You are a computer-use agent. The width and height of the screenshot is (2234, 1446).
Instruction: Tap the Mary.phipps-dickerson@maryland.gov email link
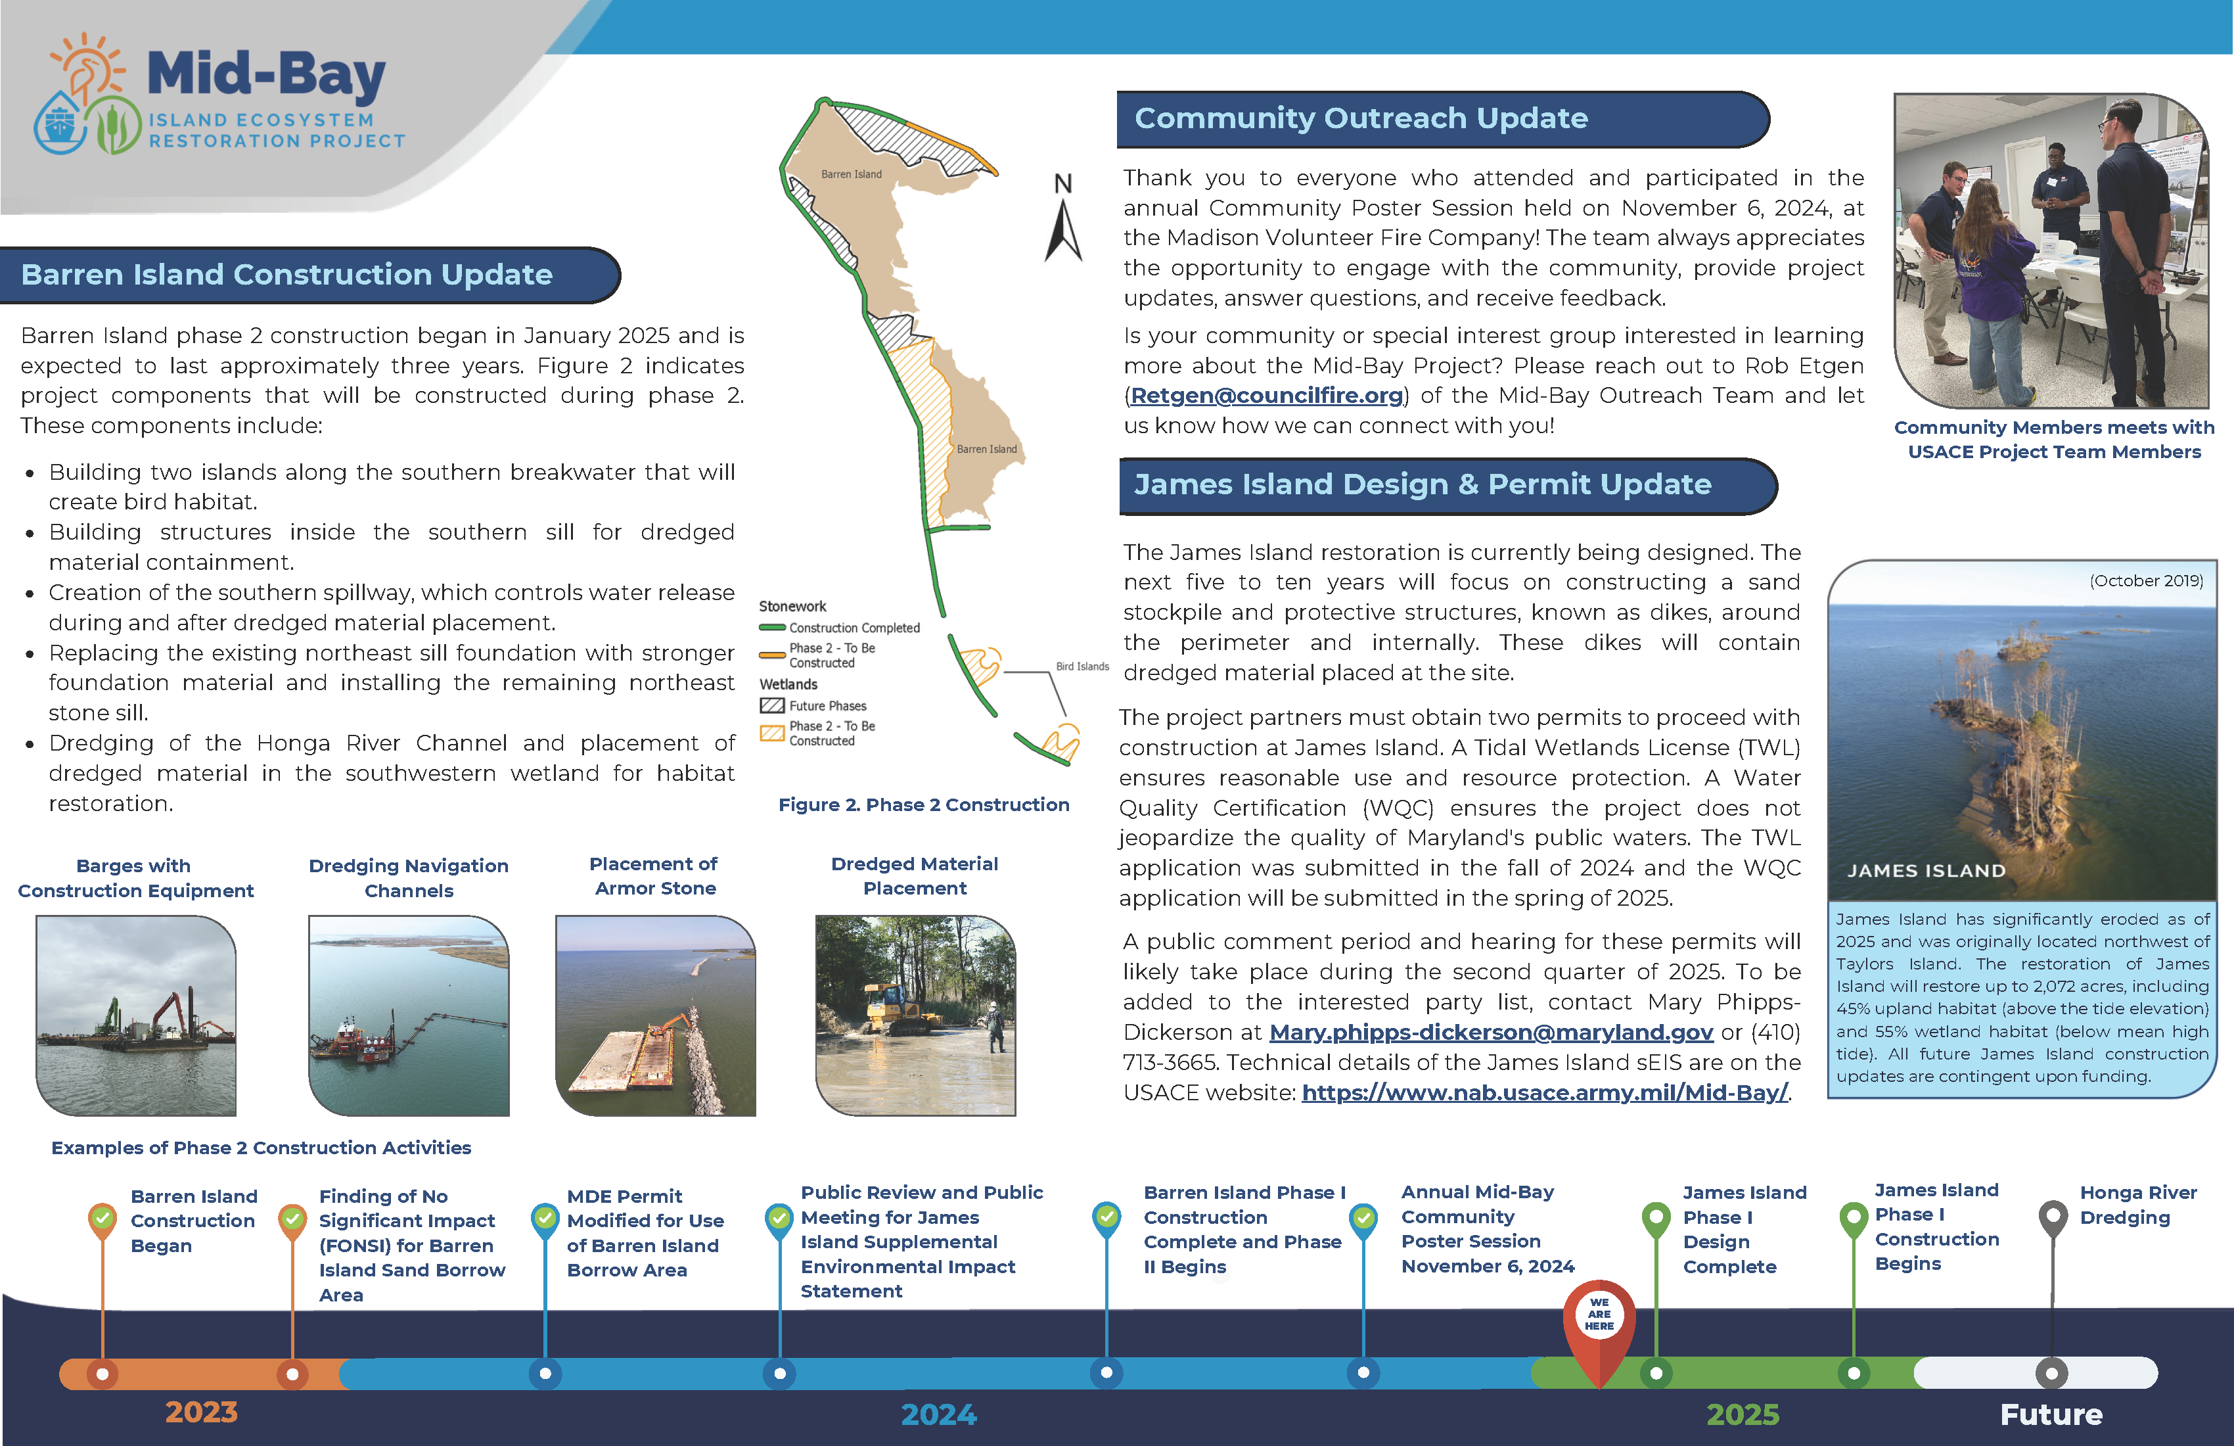coord(1491,1032)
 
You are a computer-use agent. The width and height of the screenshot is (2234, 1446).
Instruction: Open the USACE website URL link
coord(1544,1092)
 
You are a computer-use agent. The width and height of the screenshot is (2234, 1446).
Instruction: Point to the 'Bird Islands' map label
coord(1082,666)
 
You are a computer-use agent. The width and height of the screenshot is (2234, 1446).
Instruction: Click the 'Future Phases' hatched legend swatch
coord(771,705)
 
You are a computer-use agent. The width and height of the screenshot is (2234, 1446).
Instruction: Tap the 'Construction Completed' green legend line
coord(771,627)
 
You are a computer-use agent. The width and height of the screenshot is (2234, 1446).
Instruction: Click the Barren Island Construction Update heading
coord(286,274)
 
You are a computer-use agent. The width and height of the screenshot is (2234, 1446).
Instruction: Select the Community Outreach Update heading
coord(1360,118)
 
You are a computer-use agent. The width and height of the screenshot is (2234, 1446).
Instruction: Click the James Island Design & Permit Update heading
coord(1421,484)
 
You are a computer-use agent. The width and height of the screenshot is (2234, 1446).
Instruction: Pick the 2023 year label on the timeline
coord(201,1411)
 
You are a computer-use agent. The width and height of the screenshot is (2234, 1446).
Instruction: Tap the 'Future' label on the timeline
coord(2050,1414)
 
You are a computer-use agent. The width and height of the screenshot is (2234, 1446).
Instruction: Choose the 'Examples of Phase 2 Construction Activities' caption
coord(261,1148)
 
